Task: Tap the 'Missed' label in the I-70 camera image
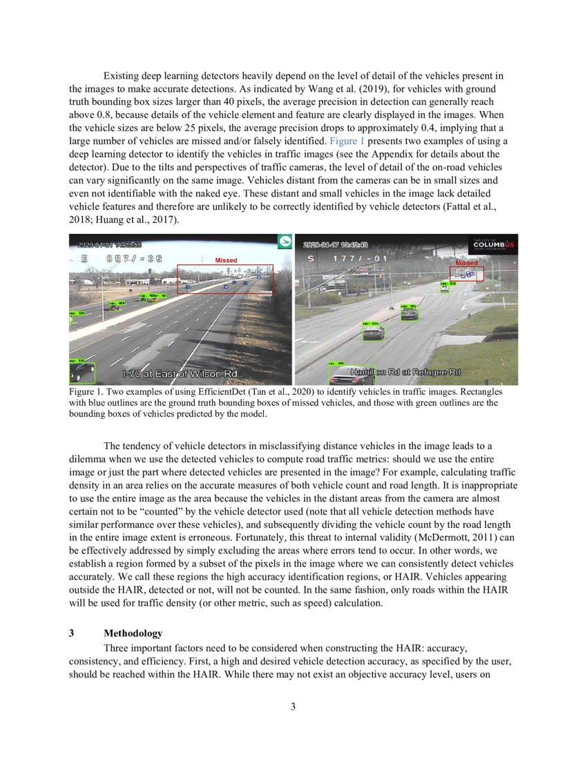226,260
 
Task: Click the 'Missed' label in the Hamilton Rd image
467,263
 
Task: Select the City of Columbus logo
493,245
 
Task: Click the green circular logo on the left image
284,241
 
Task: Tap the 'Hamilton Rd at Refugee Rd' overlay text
405,372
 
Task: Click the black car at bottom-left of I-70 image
83,372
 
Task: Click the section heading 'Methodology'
133,633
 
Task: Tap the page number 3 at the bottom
293,706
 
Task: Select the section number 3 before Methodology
72,633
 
